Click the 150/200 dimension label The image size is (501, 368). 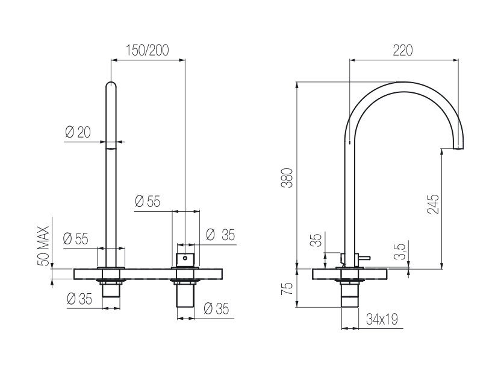[148, 50]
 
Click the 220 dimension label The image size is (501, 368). [403, 50]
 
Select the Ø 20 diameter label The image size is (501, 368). [78, 132]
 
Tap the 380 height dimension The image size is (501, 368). [287, 177]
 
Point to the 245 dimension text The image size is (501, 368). [433, 204]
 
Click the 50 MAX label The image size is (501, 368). [43, 246]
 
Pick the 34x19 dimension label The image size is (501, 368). [382, 319]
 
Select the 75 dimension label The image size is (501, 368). [287, 288]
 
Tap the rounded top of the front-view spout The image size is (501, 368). [111, 84]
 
